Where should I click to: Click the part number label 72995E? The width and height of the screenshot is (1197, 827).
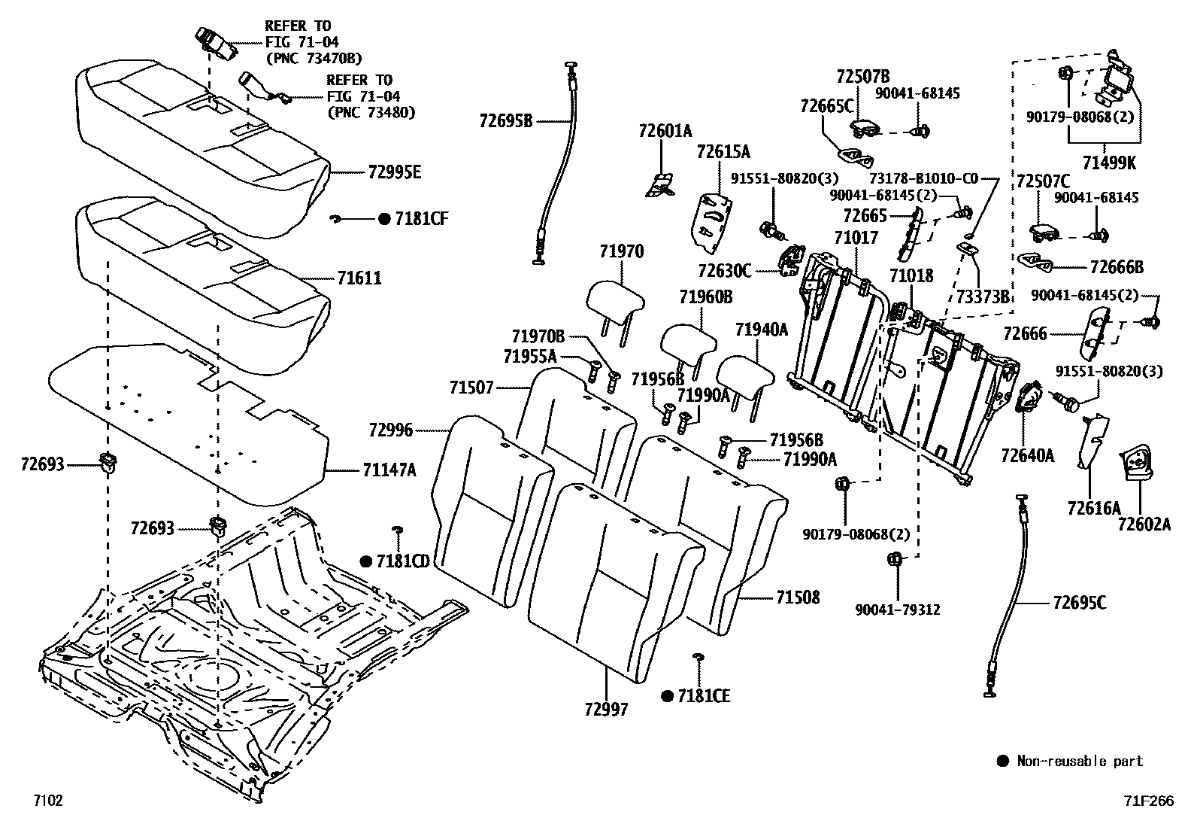[394, 172]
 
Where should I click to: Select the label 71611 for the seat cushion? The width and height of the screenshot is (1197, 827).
[359, 279]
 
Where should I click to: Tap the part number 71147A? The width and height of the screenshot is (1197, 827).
[389, 470]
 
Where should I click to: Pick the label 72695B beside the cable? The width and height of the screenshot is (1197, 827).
[505, 120]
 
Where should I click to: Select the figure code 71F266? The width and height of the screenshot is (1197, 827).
[1148, 801]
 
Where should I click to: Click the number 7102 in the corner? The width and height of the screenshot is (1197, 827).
[47, 800]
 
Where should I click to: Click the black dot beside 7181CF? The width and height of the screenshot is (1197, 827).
[383, 219]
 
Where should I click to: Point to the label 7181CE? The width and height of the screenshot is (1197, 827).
[703, 696]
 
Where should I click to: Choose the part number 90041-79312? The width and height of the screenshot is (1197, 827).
[898, 610]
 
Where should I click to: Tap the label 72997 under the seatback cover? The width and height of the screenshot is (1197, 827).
[605, 709]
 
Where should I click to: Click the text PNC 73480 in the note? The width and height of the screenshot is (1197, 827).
[371, 112]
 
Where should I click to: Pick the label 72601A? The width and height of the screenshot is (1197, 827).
[665, 132]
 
